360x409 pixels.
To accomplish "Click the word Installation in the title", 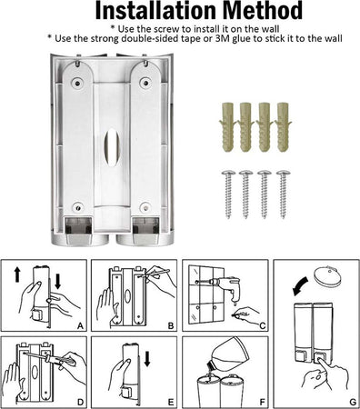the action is point(156,11).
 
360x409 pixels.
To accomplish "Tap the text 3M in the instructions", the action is point(222,39).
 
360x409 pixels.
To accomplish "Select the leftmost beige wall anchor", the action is point(227,127).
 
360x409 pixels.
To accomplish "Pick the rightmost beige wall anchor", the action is point(283,127).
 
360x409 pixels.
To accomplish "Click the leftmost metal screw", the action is point(228,195).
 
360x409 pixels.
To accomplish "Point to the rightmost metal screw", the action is point(284,195).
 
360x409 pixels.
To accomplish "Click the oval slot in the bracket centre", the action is point(112,147).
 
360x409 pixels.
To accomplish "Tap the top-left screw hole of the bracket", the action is point(77,83).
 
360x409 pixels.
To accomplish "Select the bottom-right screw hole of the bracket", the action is point(145,207).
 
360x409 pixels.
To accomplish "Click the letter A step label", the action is point(80,326).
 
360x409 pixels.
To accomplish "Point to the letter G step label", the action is point(353,403).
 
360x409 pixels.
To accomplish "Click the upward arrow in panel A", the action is point(17,274).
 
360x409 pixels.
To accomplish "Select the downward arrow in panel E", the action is point(147,359).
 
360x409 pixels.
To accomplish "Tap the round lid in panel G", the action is point(329,276).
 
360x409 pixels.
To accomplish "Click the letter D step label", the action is point(80,403).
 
